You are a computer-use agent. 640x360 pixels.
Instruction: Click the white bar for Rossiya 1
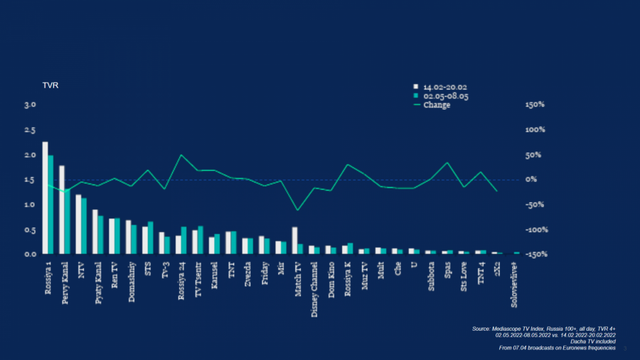(x=45, y=198)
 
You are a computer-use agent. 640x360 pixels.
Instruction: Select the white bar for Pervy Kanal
(x=62, y=209)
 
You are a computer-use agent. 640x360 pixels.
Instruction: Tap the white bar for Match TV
(x=294, y=240)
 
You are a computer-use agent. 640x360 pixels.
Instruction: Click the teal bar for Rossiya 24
(x=184, y=240)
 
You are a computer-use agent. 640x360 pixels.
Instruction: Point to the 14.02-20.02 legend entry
(x=442, y=86)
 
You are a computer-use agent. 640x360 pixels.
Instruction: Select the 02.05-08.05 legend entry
(x=442, y=95)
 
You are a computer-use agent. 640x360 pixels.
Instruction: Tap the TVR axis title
(x=50, y=86)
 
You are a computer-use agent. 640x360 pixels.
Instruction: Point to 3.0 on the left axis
(x=30, y=105)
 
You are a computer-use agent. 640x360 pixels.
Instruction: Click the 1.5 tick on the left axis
(x=30, y=179)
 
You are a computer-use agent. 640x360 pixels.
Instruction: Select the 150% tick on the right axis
(x=535, y=105)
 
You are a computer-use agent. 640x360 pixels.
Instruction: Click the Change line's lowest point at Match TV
(x=297, y=210)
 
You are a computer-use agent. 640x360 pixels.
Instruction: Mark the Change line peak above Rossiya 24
(x=181, y=155)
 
